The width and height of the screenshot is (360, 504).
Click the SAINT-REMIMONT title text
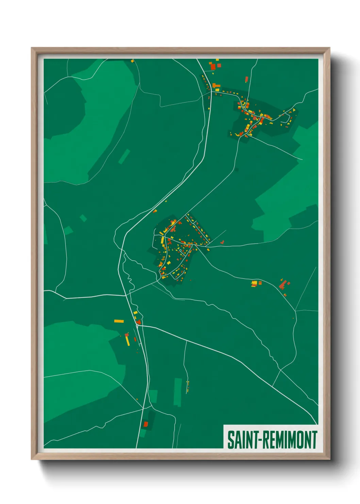(x=272, y=440)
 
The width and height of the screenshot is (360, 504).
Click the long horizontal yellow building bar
(x=119, y=321)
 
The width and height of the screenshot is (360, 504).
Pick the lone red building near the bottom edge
(x=146, y=424)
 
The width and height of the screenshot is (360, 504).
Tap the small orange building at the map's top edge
(x=132, y=61)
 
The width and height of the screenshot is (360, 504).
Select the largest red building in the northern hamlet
(x=213, y=67)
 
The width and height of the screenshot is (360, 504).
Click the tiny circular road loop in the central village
(x=180, y=250)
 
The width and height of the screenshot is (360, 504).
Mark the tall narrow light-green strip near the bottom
(x=178, y=392)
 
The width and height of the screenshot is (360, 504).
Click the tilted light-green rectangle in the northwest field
(x=124, y=156)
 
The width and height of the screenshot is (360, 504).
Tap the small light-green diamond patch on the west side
(x=83, y=218)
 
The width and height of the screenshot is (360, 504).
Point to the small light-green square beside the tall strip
(x=153, y=396)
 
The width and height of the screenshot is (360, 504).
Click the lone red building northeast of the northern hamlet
(x=247, y=79)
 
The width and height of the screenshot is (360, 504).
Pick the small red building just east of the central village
(x=222, y=242)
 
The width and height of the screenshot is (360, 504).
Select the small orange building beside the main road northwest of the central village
(x=155, y=211)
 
